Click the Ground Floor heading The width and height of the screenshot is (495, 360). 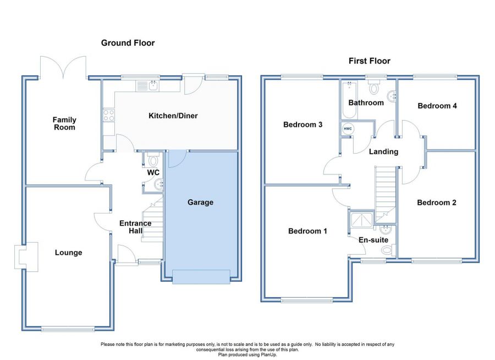(x=128, y=43)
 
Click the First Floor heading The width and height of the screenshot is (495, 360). (x=369, y=61)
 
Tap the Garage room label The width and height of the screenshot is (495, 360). (x=200, y=203)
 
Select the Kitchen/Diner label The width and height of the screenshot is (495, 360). (x=173, y=116)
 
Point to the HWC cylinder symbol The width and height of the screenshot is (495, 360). (x=348, y=129)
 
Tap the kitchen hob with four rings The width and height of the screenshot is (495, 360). (x=108, y=116)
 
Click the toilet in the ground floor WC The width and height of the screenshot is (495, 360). (x=153, y=161)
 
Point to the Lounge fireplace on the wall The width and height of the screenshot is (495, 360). (x=25, y=256)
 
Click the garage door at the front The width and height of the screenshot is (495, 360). (x=201, y=277)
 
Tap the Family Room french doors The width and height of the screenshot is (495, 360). (x=63, y=67)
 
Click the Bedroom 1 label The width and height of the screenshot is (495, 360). (x=307, y=231)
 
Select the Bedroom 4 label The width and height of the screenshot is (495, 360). (x=437, y=106)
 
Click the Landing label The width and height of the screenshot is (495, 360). (x=383, y=151)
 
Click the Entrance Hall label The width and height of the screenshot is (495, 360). (x=135, y=227)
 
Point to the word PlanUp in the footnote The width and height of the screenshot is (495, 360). (x=266, y=354)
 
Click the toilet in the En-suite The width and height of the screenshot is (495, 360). (x=387, y=250)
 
